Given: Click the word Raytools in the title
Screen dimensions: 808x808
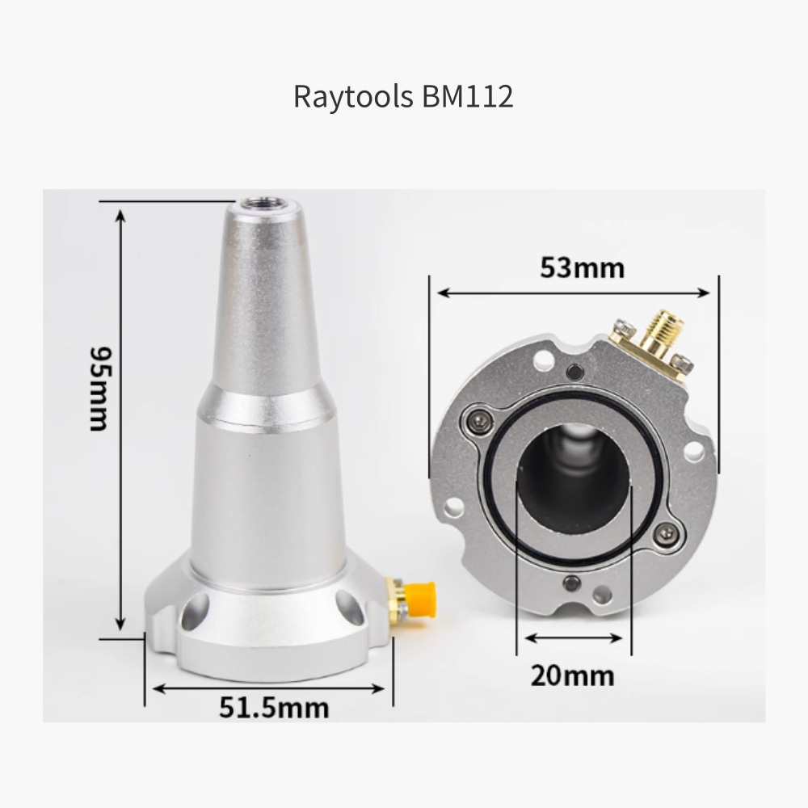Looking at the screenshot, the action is pos(353,96).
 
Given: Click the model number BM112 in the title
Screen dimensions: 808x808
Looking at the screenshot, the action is pos(467,96).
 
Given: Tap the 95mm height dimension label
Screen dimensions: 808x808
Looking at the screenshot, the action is pos(99,389).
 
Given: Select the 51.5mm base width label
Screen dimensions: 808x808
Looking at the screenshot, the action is pos(274,708).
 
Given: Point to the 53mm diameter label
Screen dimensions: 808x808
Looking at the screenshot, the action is pos(583,268).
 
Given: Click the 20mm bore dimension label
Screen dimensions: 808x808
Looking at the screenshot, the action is pos(573,675).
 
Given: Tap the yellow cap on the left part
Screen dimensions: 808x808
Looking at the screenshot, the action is pos(420,600).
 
